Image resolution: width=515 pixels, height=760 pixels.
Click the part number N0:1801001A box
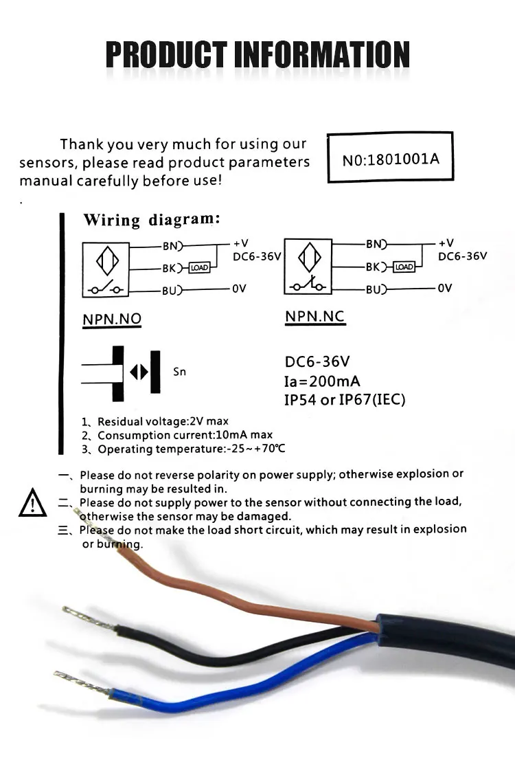390,159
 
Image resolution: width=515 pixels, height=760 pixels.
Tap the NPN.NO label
112,320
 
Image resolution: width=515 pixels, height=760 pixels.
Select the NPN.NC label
314,317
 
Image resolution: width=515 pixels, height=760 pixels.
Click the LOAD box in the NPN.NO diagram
199,267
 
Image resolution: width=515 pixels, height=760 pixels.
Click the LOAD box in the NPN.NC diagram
404,267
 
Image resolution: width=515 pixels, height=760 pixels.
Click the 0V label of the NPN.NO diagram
238,289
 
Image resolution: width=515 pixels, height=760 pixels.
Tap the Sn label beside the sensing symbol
179,372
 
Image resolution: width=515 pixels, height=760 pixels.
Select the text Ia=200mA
322,381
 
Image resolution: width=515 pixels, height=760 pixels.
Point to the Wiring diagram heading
151,220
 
